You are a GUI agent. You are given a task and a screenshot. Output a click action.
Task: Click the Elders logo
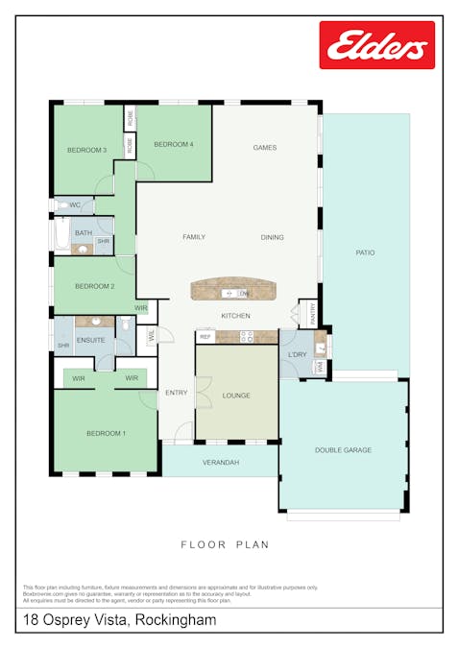coord(376,45)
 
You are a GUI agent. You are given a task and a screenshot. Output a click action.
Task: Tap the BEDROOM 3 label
coord(86,150)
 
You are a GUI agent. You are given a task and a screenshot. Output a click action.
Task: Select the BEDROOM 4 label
coord(174,144)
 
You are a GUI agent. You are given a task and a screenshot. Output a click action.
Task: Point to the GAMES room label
coord(264,148)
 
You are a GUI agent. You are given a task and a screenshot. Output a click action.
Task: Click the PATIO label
coord(365,252)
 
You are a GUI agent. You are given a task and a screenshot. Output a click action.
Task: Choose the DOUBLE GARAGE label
coord(343,449)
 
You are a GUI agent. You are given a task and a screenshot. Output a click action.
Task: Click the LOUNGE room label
coord(236,395)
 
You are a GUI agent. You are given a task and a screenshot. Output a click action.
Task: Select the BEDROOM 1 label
coord(106,434)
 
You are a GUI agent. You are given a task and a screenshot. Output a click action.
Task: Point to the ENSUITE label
coord(91,340)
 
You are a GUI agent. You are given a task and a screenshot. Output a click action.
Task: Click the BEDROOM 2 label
coord(95,286)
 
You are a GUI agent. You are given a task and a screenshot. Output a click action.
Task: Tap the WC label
coord(75,205)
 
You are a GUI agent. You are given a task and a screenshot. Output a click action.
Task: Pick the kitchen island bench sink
coord(229,293)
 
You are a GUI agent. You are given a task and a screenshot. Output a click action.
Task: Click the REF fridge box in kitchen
coord(205,337)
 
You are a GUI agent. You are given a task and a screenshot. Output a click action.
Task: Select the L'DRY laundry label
coord(297,355)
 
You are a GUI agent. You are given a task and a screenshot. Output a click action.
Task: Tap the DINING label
coord(273,237)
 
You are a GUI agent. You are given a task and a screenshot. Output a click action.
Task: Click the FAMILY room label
coord(195,237)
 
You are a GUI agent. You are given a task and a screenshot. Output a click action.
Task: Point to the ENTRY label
coord(176,393)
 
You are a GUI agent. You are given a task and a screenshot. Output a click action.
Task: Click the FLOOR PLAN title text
coord(225,544)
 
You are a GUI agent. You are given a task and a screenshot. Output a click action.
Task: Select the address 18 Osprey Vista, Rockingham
coord(120,620)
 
